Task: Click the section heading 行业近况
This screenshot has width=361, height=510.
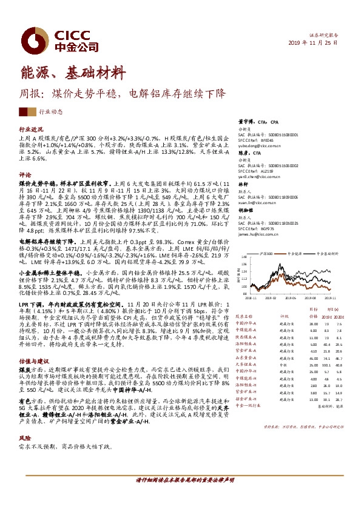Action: click(x=31, y=130)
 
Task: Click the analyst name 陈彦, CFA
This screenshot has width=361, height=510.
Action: click(x=248, y=154)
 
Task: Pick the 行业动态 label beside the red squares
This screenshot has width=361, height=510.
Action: click(x=51, y=112)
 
